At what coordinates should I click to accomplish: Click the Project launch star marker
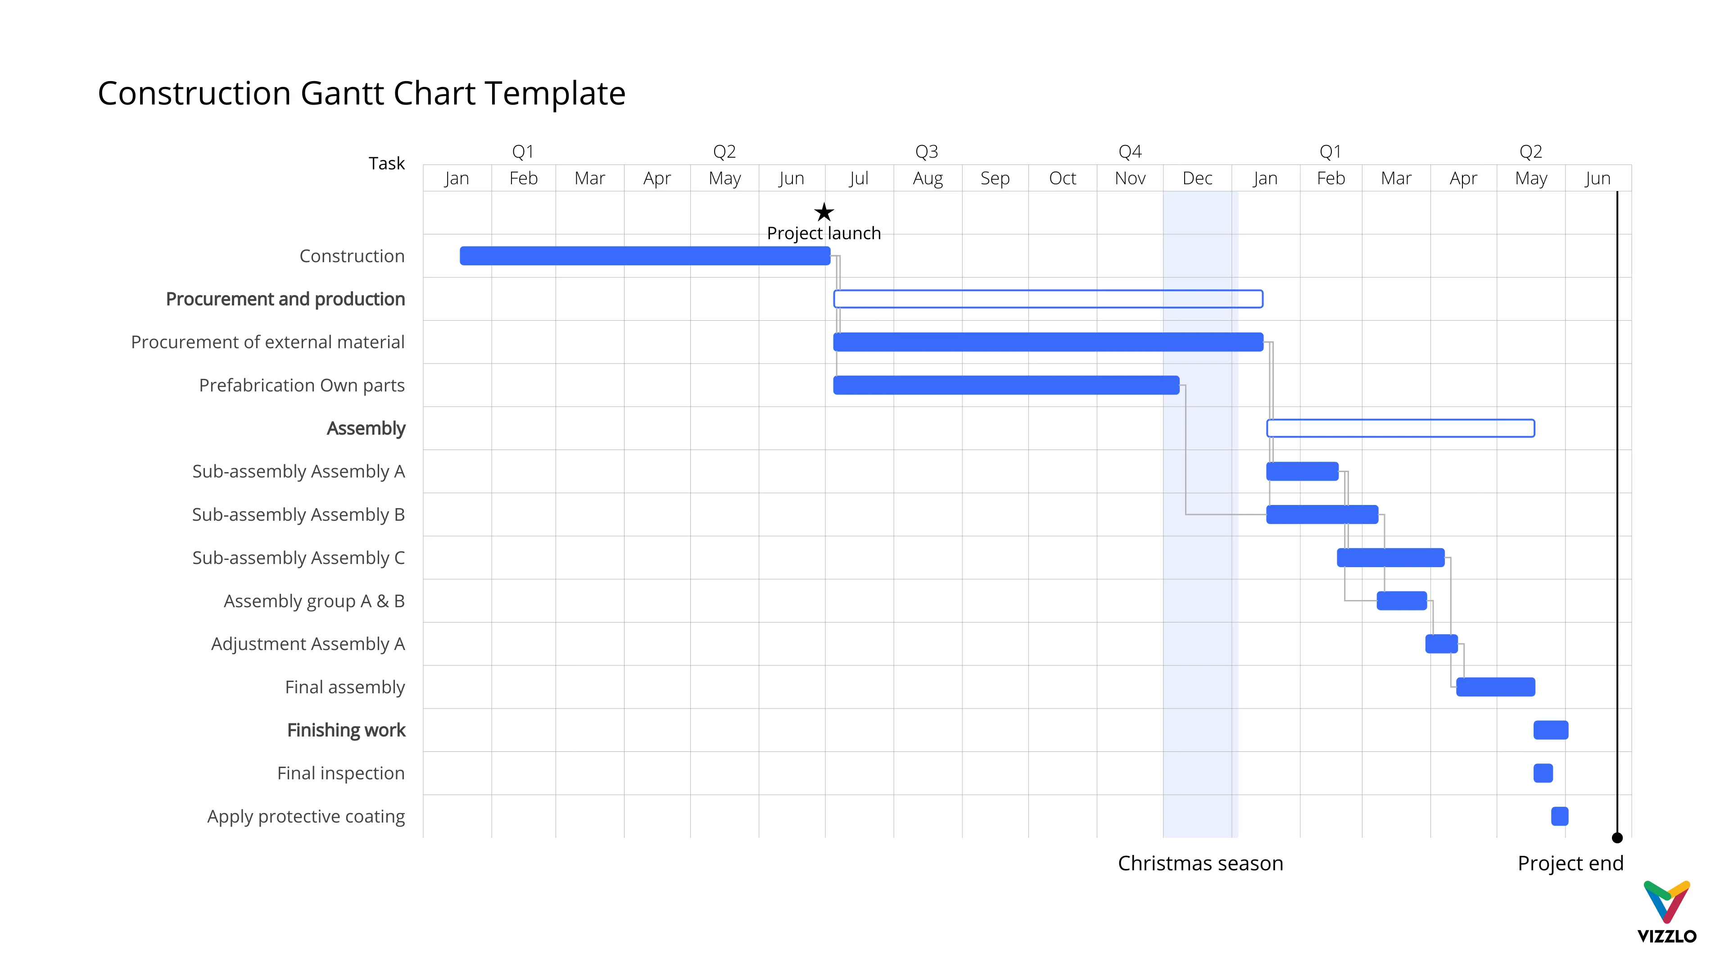[x=824, y=213]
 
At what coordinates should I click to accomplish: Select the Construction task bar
[x=644, y=256]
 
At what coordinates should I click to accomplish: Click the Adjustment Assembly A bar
[x=1440, y=644]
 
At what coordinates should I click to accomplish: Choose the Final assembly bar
[x=1495, y=687]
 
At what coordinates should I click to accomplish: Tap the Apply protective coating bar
[x=1559, y=817]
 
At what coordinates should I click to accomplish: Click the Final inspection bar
[x=1543, y=773]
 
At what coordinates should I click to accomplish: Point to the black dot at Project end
[x=1617, y=838]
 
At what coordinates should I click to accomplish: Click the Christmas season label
[x=1199, y=864]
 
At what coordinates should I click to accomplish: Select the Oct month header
[x=1062, y=179]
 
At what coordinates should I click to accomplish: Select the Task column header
[x=387, y=163]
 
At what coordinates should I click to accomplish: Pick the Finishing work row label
[x=346, y=731]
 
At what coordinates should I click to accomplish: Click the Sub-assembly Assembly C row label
[x=298, y=558]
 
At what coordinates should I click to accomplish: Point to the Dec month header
[x=1197, y=179]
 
